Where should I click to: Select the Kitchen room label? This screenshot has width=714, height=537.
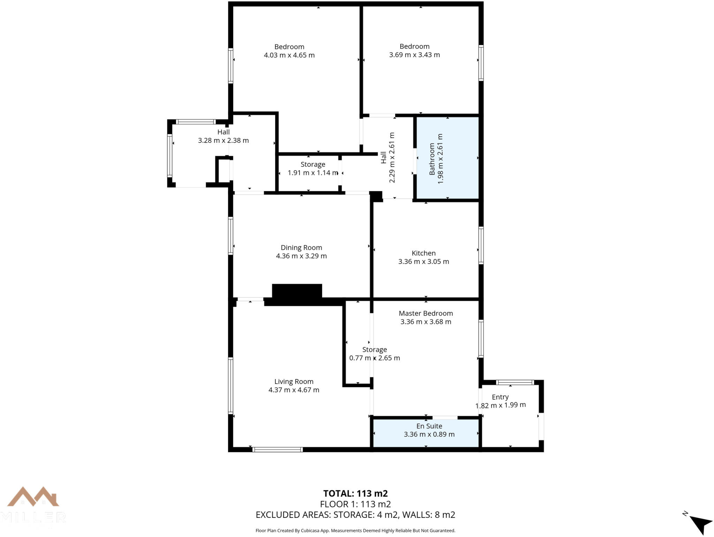click(424, 253)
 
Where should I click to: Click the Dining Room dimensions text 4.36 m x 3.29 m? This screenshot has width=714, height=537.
click(301, 256)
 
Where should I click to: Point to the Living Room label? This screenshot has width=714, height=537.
click(294, 382)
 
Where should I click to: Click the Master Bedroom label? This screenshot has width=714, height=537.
click(426, 313)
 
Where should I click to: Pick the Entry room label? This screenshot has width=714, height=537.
click(500, 397)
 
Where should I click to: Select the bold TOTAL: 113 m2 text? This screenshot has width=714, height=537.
click(355, 493)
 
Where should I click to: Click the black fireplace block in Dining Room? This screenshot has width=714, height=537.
click(297, 291)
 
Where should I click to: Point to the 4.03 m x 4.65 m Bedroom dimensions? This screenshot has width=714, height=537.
click(289, 55)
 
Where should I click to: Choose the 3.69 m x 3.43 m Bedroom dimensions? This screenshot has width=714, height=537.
click(414, 55)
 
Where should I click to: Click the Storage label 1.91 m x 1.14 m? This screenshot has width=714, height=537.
click(313, 169)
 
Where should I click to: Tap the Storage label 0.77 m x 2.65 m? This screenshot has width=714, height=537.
click(374, 354)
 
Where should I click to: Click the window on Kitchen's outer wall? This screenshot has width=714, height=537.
click(481, 245)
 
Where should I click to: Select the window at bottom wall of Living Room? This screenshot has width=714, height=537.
click(278, 450)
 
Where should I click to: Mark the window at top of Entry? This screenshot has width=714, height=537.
click(515, 382)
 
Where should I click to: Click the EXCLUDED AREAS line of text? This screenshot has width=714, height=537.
click(355, 515)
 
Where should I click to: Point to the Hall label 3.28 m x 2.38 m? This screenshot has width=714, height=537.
click(223, 136)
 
